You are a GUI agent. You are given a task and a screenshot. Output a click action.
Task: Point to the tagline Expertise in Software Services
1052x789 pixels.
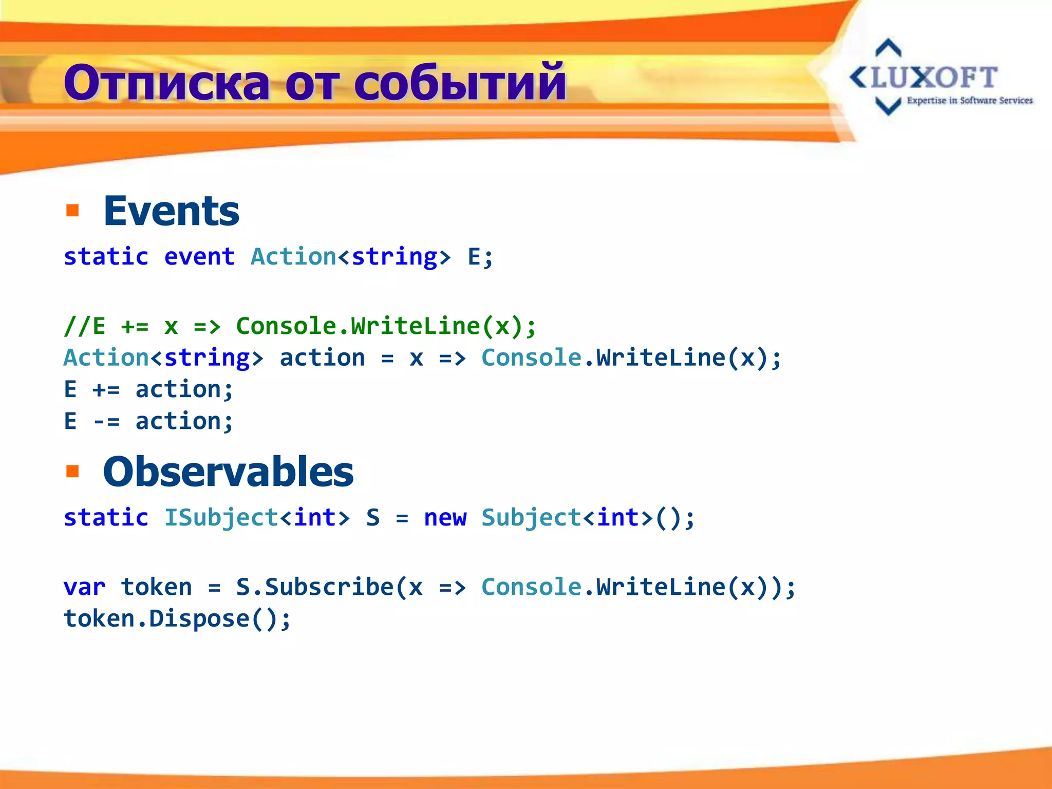pos(969,101)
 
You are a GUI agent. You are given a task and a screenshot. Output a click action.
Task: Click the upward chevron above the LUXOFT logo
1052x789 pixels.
pos(888,47)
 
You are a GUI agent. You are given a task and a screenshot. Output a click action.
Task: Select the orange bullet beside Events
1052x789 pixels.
pos(72,211)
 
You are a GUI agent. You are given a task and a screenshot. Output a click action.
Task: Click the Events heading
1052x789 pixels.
pos(171,211)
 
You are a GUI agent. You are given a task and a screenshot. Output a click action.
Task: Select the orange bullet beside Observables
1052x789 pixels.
pos(72,471)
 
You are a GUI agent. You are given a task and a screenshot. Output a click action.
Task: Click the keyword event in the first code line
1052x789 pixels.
pos(199,256)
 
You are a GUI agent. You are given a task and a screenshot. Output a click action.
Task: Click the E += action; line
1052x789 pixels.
pos(148,389)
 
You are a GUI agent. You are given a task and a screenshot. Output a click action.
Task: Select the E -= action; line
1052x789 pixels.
pos(148,421)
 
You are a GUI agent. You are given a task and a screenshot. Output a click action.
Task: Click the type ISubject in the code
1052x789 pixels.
pos(221,517)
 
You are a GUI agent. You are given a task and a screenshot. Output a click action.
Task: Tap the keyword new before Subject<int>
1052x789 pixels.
pos(445,517)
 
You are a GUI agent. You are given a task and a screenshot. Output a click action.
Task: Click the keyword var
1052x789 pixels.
pos(84,587)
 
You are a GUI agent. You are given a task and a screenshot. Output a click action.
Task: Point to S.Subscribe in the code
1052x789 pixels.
pos(314,587)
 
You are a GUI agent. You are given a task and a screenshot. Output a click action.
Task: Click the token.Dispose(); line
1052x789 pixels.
pos(177,619)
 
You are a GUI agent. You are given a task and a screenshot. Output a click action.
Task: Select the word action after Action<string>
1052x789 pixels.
pos(322,358)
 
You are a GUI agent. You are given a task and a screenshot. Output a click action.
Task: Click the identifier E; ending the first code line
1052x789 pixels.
pos(480,256)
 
